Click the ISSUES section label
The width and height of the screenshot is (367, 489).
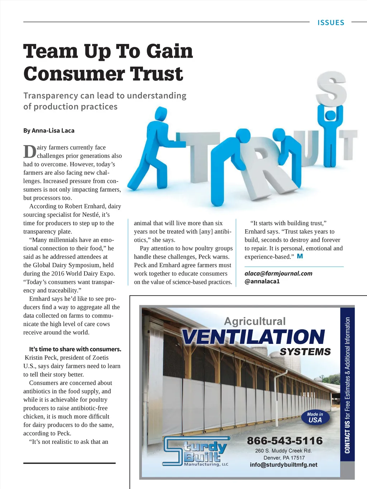coord(330,23)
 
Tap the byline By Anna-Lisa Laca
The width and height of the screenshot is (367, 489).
coord(49,130)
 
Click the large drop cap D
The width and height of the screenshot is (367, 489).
coord(30,152)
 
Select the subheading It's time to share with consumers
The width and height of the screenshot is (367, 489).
coord(75,349)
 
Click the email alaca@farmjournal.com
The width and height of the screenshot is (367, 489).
coord(278,273)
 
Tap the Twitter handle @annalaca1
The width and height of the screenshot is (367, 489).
coord(262,281)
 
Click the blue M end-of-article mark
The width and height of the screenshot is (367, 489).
coord(300,256)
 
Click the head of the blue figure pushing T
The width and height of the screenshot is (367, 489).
coord(161,114)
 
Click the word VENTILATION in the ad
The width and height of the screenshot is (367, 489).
coord(253,337)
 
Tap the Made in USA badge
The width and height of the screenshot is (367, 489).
coord(315,417)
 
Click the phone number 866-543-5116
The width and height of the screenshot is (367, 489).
coord(285,440)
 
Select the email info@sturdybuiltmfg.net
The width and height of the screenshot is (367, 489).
coord(283,465)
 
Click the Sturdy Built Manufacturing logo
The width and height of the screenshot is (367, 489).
coord(196,451)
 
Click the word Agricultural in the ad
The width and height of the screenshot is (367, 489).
coord(255,321)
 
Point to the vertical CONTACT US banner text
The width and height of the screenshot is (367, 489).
coord(347,385)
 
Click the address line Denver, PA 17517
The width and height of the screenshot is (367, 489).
coord(284,457)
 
